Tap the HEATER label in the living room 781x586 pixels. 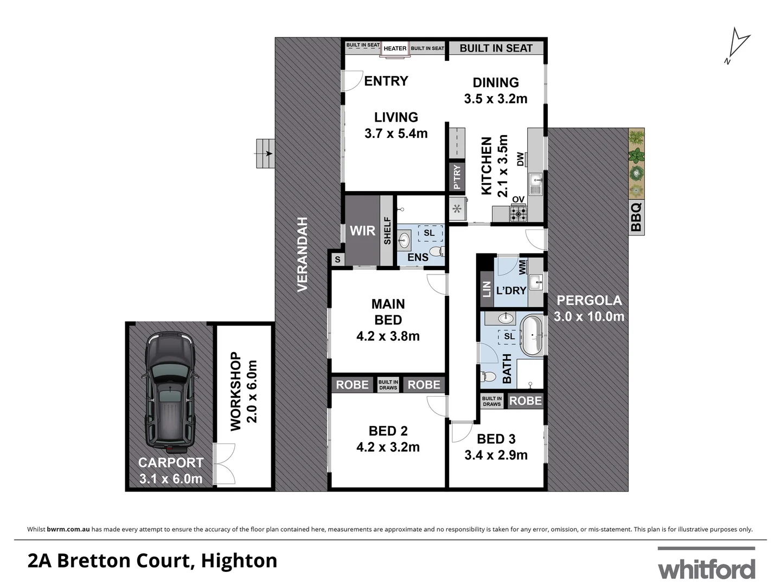pyautogui.click(x=395, y=48)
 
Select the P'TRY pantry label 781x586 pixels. pyautogui.click(x=457, y=177)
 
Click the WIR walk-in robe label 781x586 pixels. pyautogui.click(x=362, y=231)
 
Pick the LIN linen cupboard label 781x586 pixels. pyautogui.click(x=486, y=289)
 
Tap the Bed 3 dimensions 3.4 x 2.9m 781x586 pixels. pyautogui.click(x=496, y=455)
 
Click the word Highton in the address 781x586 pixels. pyautogui.click(x=239, y=560)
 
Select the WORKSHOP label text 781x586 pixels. pyautogui.click(x=235, y=391)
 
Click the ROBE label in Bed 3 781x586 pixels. pyautogui.click(x=525, y=401)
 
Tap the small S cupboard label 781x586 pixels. pyautogui.click(x=337, y=260)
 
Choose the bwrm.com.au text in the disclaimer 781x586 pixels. pyautogui.click(x=68, y=529)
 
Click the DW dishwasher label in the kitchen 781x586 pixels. pyautogui.click(x=521, y=159)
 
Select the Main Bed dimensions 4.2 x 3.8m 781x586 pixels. pyautogui.click(x=388, y=336)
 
